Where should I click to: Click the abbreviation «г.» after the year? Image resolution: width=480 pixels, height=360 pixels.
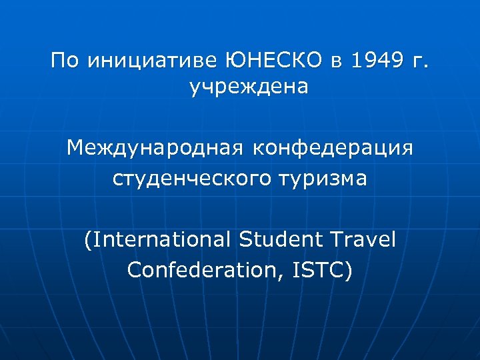coord(421,63)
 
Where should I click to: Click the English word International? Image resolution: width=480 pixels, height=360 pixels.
coord(163,239)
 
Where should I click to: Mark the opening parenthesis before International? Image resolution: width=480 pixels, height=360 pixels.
coord(89,240)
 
